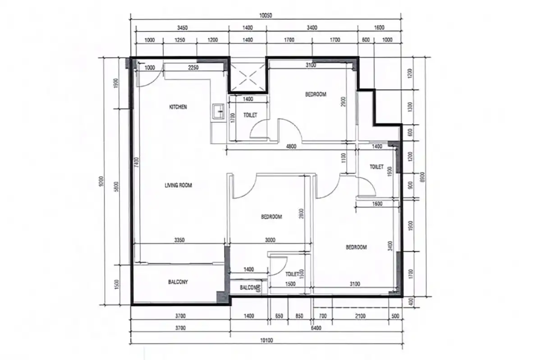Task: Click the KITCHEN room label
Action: pyautogui.click(x=178, y=107)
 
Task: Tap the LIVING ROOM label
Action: pyautogui.click(x=179, y=185)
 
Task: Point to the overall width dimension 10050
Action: pyautogui.click(x=266, y=15)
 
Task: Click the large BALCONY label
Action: pyautogui.click(x=178, y=282)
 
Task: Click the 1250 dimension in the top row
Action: pyautogui.click(x=179, y=40)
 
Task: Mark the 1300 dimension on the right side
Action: pyautogui.click(x=410, y=107)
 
